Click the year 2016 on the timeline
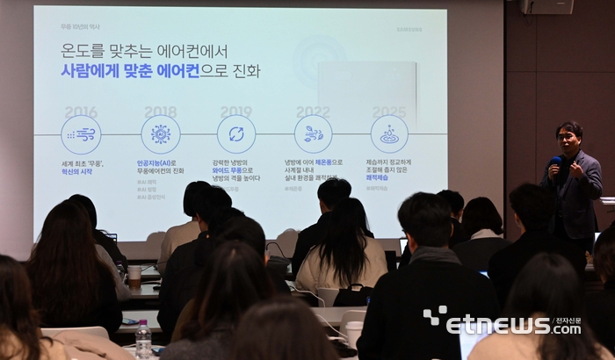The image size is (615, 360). [x=81, y=112]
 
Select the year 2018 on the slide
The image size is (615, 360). [x=160, y=112]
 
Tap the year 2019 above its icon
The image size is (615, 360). [x=235, y=112]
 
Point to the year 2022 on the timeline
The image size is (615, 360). [x=313, y=112]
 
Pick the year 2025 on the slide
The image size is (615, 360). [x=388, y=112]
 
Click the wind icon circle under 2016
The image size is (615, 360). [x=81, y=134]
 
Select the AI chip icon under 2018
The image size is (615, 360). [x=160, y=134]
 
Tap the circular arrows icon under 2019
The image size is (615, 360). [x=235, y=134]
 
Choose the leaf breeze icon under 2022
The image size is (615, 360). [x=313, y=134]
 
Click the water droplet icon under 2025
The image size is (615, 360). [x=388, y=134]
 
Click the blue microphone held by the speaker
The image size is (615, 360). [x=555, y=162]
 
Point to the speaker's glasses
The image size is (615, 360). [x=567, y=136]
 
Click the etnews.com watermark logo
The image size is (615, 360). [x=502, y=323]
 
